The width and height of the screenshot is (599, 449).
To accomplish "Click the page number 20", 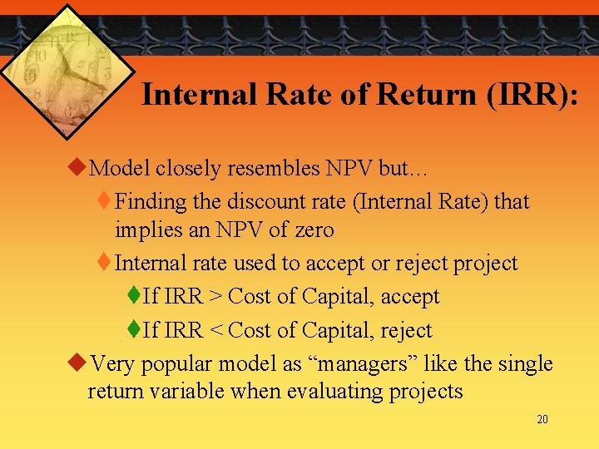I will pos(542,420).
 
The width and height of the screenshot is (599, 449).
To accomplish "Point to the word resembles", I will pos(265,168).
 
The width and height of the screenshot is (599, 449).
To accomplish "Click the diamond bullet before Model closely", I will pos(75,168).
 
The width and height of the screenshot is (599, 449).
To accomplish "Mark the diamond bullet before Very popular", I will pos(75,363).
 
